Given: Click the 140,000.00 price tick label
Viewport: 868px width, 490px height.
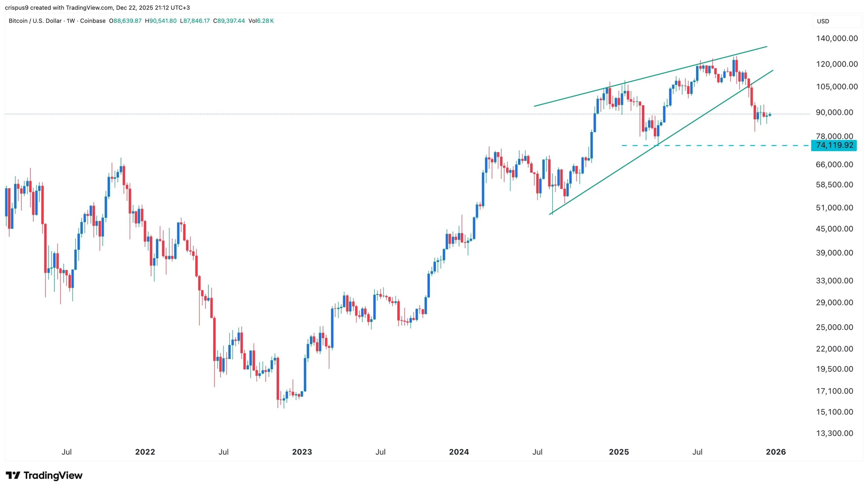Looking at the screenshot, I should (836, 38).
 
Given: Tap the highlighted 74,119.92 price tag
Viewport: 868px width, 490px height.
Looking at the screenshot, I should (834, 145).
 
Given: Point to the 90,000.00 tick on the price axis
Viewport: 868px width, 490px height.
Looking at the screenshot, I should (834, 112).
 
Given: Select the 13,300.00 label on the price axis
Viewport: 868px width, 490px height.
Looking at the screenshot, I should (834, 433).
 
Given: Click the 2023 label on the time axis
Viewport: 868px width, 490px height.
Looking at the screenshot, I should (302, 452).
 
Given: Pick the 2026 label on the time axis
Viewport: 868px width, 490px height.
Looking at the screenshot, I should (776, 452).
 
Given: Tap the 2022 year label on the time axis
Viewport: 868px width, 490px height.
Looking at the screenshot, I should (145, 452).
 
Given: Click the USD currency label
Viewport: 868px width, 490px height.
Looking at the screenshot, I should (823, 21).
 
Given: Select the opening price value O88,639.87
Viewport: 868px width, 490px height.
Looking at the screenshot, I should (125, 21).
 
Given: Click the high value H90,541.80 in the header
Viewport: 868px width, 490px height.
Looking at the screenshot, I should (161, 21).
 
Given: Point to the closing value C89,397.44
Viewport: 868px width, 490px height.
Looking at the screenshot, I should (229, 21).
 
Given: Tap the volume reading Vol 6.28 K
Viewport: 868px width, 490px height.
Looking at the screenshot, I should (261, 21).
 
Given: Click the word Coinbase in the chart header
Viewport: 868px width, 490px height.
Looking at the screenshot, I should (93, 21).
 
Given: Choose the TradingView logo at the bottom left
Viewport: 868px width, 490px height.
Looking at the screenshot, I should (44, 475).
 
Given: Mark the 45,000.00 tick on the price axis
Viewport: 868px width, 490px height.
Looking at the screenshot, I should (834, 229).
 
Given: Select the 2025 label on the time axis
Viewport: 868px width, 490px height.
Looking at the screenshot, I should (619, 452).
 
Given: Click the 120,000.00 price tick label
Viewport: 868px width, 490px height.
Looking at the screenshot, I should (836, 64).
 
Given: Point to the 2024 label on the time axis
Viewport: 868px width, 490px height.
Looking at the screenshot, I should (459, 452).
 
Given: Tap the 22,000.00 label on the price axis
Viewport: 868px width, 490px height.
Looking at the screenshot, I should (834, 349).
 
